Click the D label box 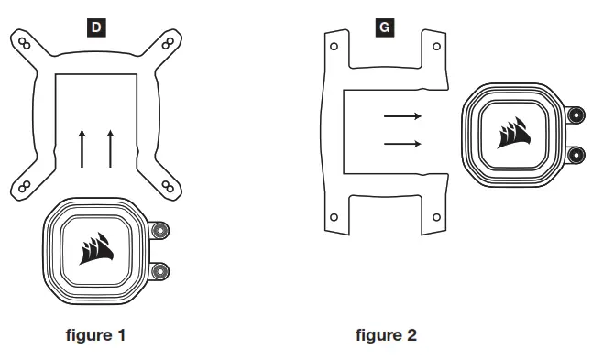[96, 27]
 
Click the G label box [385, 27]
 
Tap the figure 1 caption [95, 335]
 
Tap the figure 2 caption [386, 335]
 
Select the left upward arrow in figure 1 [82, 148]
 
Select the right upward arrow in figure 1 [110, 148]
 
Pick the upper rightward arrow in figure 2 [402, 116]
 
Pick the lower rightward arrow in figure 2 [402, 144]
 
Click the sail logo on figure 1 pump [96, 248]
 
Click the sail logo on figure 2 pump [514, 133]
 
